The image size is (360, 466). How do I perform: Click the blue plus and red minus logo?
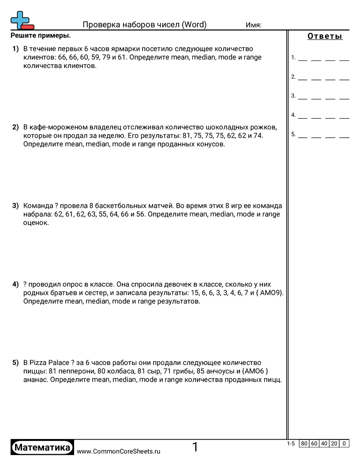tap(22, 20)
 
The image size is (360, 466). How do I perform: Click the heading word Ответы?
tap(325, 37)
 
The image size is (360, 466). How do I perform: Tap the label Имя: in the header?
tap(253, 25)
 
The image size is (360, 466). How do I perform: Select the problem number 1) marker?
tap(15, 49)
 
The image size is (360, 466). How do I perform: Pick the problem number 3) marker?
tap(15, 206)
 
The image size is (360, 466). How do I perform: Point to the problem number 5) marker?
tap(15, 363)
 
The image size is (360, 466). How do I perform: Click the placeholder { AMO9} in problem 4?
tap(266, 293)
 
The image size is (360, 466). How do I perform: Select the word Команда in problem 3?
tap(38, 206)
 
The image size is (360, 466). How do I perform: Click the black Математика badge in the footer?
tap(42, 447)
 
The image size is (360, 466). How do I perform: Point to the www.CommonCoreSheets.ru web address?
tap(118, 451)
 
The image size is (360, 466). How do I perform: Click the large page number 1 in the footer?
tap(195, 447)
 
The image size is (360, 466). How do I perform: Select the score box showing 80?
tap(304, 444)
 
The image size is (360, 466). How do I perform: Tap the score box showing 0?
tap(344, 444)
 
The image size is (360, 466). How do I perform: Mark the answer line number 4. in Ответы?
tap(293, 115)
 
